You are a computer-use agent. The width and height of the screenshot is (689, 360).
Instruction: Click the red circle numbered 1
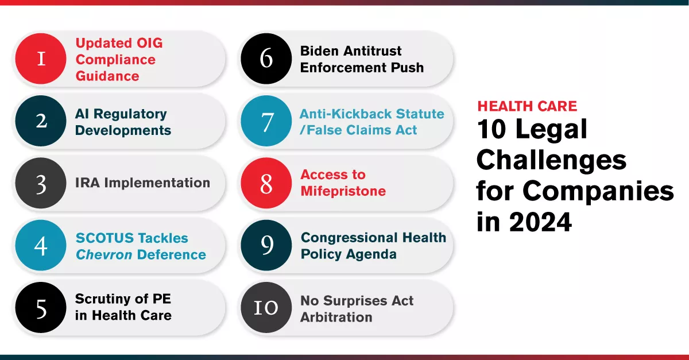click(41, 59)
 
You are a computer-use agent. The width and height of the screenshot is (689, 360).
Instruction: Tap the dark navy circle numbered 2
click(41, 121)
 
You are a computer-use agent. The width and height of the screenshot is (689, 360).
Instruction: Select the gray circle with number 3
click(41, 183)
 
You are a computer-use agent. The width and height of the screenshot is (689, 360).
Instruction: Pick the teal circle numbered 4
click(41, 246)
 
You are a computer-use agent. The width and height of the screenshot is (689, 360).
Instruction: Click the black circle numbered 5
click(41, 308)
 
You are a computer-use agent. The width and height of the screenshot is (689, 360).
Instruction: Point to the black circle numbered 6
click(266, 59)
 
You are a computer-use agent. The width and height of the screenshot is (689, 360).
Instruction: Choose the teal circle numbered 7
click(266, 121)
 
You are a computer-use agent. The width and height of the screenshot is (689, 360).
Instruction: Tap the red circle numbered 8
click(266, 183)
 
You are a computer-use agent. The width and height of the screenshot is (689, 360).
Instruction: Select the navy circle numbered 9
click(266, 246)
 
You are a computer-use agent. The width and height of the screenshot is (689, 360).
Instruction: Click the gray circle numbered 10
click(266, 308)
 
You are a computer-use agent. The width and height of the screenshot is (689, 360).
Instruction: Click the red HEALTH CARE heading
click(527, 106)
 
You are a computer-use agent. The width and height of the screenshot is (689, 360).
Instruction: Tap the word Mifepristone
click(343, 191)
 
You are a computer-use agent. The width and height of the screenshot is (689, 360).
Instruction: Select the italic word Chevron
click(104, 254)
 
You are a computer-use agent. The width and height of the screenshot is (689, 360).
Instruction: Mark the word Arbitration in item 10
click(336, 317)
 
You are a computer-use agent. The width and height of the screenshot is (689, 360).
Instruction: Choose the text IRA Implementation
click(142, 183)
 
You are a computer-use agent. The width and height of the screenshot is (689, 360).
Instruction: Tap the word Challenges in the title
click(551, 161)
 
